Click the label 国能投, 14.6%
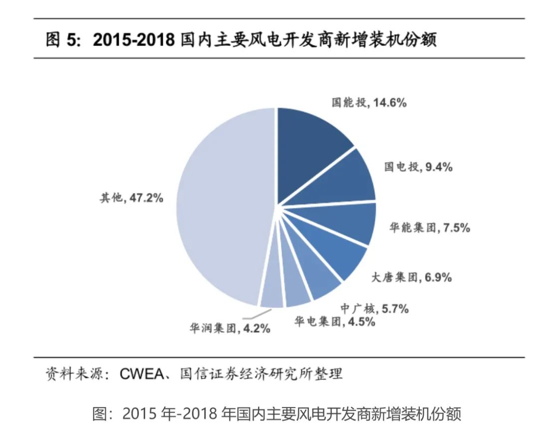[369, 103]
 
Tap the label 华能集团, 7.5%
[429, 228]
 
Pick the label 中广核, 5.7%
[374, 309]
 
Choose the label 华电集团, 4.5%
[334, 322]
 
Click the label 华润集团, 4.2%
[230, 328]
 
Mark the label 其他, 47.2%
[131, 198]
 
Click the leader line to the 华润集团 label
[252, 316]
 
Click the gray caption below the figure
[277, 414]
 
